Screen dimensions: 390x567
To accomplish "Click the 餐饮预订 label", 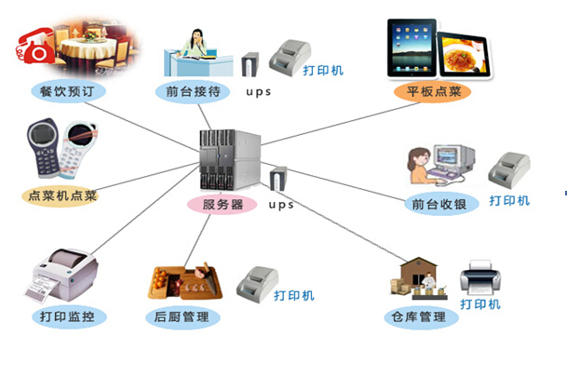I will pyautogui.click(x=68, y=91).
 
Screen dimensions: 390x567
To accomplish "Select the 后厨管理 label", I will pyautogui.click(x=182, y=317).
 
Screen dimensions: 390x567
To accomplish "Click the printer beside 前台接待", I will pyautogui.click(x=290, y=57).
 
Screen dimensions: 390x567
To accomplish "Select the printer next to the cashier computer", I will pyautogui.click(x=510, y=168).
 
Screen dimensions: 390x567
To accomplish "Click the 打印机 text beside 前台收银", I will pyautogui.click(x=509, y=200).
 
